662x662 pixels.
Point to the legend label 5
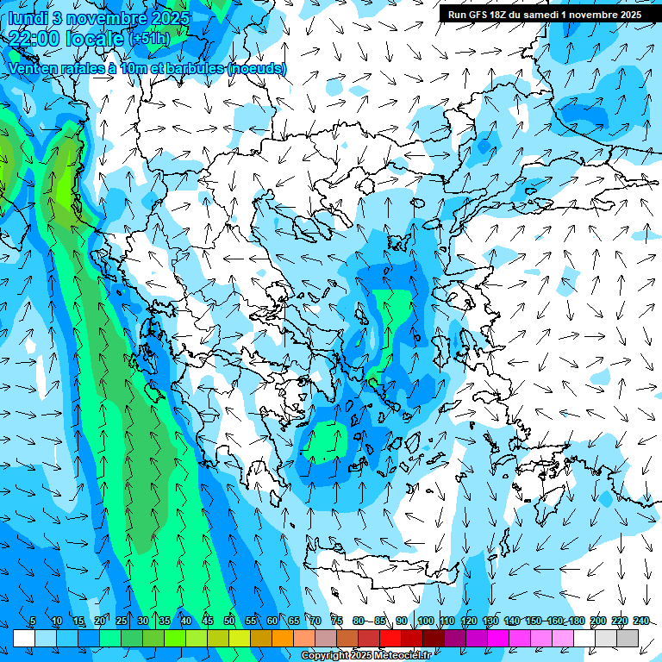(x=33, y=621)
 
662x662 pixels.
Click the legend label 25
(x=121, y=621)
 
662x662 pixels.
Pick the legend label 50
(x=228, y=621)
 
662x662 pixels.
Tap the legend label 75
(x=337, y=621)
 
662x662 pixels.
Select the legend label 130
(x=490, y=621)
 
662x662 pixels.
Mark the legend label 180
(x=576, y=621)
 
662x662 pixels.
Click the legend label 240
(x=640, y=621)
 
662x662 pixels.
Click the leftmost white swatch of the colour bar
(x=24, y=638)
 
